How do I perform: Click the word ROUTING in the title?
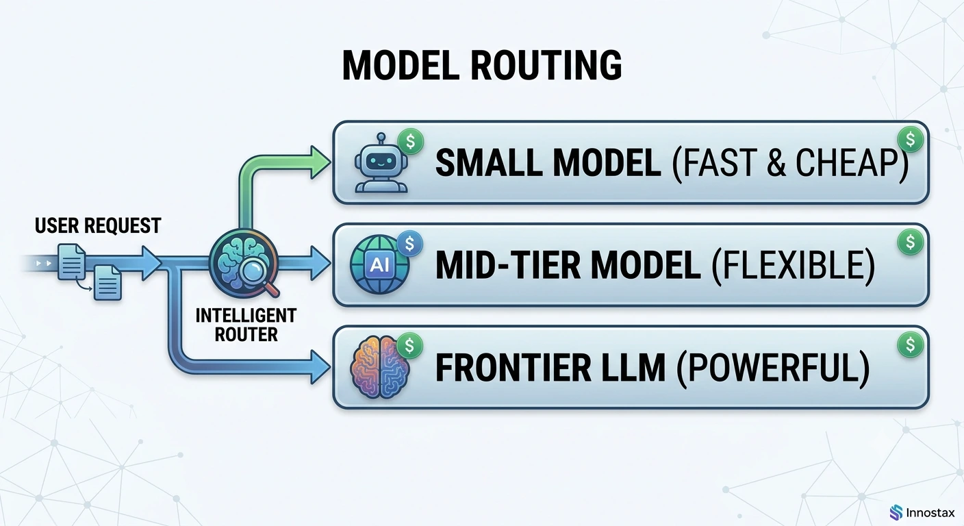pos(546,65)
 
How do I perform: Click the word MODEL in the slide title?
pos(401,65)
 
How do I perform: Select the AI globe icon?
pos(379,264)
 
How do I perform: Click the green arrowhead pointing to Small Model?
pos(320,162)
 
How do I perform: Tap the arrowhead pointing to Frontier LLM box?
pos(320,366)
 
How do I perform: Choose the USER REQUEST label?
pos(98,225)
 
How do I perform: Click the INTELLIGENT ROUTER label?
pos(246,325)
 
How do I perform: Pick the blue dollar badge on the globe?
pos(409,244)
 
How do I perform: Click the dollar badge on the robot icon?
pos(411,142)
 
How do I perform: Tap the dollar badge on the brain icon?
pos(409,346)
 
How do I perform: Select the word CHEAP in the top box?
pos(848,163)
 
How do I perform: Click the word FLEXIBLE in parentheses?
pos(793,265)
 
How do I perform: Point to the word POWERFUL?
pos(773,368)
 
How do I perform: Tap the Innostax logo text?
pos(930,513)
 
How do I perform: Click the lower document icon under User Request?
pos(107,282)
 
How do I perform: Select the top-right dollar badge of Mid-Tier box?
pos(910,242)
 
